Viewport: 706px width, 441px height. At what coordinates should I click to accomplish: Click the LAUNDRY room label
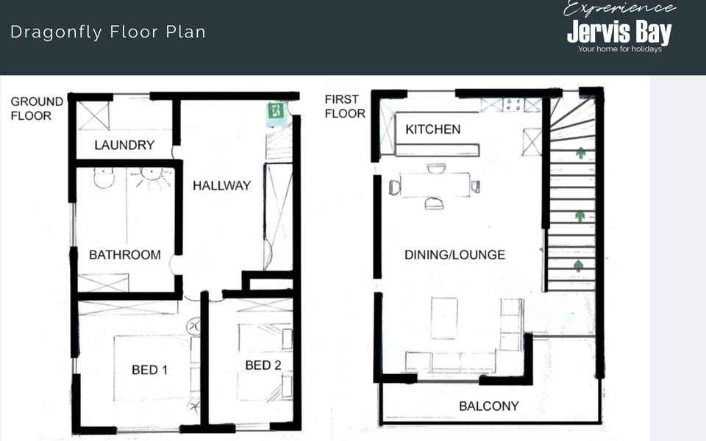click(x=124, y=145)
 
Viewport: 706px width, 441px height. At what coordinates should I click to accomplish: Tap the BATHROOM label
click(x=125, y=255)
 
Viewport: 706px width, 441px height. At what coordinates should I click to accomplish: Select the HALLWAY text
click(x=221, y=185)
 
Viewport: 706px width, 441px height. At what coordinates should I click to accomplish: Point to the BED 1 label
click(x=149, y=370)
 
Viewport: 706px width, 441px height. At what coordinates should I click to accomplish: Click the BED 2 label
click(x=263, y=365)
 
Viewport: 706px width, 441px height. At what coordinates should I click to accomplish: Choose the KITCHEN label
click(x=432, y=129)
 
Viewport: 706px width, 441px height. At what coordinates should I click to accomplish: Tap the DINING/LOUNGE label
click(x=454, y=255)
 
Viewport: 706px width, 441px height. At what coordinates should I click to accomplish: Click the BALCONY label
click(x=488, y=406)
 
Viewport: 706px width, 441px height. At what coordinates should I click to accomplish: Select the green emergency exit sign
click(x=276, y=110)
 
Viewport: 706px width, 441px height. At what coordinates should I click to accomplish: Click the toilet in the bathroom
click(x=104, y=177)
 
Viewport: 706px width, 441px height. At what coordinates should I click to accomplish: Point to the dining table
click(x=435, y=185)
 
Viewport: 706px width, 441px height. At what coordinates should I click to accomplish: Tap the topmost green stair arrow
click(x=581, y=153)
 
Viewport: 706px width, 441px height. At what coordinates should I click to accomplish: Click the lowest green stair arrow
click(x=579, y=265)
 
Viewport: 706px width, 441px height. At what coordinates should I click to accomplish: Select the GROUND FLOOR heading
click(x=37, y=109)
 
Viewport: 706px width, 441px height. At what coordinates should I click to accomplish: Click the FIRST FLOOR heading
click(x=345, y=106)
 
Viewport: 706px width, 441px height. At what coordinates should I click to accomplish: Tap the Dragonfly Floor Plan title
click(x=108, y=32)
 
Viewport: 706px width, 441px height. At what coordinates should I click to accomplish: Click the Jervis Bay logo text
click(x=619, y=32)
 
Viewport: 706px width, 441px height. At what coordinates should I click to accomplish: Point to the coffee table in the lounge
click(x=444, y=318)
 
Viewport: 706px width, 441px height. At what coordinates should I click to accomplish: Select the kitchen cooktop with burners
click(x=513, y=105)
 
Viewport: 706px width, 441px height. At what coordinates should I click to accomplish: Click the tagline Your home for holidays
click(x=620, y=49)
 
